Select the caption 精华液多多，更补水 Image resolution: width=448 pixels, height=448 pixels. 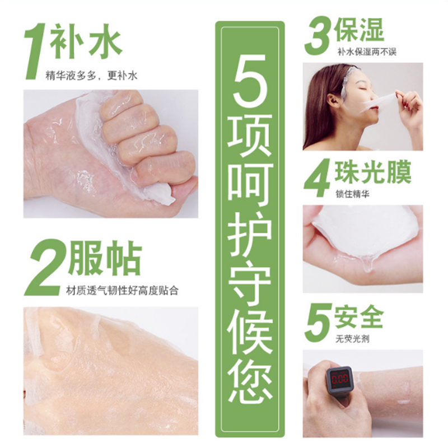pyautogui.click(x=91, y=76)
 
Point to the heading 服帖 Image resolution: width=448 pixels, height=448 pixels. pyautogui.click(x=105, y=259)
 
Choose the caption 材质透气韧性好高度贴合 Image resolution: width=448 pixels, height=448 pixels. pyautogui.click(x=122, y=291)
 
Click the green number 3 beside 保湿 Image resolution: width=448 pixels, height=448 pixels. pyautogui.click(x=317, y=36)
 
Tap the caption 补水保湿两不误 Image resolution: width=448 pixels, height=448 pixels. pyautogui.click(x=367, y=52)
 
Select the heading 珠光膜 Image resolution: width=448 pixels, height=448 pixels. pyautogui.click(x=373, y=173)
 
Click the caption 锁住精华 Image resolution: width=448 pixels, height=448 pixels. pyautogui.click(x=353, y=194)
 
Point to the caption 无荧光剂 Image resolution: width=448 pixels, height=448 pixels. pyautogui.click(x=353, y=339)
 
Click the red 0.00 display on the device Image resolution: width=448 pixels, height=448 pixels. pyautogui.click(x=340, y=379)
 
